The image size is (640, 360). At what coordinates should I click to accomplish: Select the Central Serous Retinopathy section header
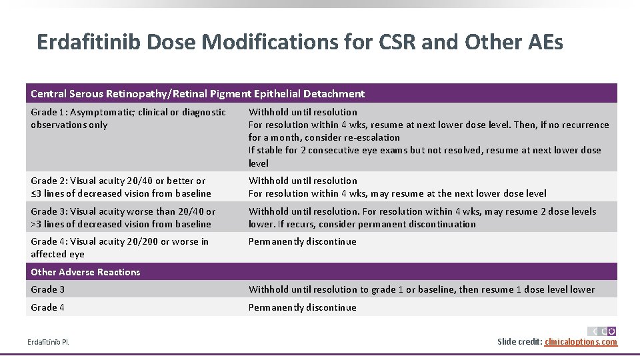pos(197,94)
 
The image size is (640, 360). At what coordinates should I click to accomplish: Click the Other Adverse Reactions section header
pos(85,272)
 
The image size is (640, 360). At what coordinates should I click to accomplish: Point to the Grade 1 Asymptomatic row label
pos(128,118)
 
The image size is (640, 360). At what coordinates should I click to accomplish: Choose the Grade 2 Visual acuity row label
pos(121,187)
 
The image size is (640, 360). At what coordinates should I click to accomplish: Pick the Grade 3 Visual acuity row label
pos(123,217)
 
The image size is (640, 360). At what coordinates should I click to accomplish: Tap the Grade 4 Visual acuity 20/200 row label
pos(119,247)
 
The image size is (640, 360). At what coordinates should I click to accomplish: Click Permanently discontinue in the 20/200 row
pos(302,241)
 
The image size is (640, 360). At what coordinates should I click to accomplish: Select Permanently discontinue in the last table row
pos(302,307)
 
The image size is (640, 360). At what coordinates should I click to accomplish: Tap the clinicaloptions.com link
pos(581,342)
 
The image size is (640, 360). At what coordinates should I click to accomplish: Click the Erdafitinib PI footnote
pos(48,343)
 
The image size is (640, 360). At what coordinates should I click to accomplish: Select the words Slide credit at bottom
pos(519,342)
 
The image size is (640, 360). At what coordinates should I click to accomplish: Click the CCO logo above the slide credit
pos(602,331)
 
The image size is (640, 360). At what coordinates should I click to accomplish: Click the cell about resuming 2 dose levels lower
pos(422,217)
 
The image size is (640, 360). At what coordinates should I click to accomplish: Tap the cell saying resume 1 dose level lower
pos(421,289)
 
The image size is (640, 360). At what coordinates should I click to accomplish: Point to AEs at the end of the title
pos(545,43)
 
